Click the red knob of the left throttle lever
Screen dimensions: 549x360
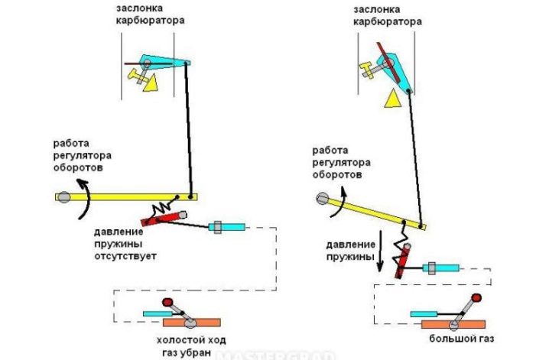(x=167, y=302)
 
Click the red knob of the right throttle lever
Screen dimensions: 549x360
(x=476, y=298)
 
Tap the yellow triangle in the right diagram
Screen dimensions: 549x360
(x=392, y=98)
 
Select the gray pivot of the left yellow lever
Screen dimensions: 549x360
(x=64, y=197)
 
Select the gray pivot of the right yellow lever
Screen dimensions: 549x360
(x=323, y=199)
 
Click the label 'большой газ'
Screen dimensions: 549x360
(x=462, y=339)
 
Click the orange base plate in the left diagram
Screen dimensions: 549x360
(x=192, y=323)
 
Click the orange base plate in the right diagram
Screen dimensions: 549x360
(x=453, y=324)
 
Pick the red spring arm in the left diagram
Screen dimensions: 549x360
(x=164, y=218)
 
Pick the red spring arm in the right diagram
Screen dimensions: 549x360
(x=402, y=261)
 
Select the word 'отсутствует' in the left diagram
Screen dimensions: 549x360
(x=125, y=256)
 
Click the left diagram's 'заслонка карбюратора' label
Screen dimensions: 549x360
(x=150, y=14)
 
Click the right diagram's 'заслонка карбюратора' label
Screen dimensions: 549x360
(x=387, y=15)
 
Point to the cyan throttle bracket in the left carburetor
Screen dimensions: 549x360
(x=164, y=62)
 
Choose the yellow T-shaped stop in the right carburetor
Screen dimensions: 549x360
(x=366, y=70)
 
